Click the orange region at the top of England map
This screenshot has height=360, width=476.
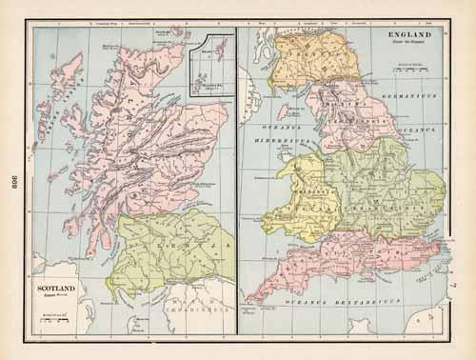click(x=305, y=62)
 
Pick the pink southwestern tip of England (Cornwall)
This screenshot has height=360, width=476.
click(x=262, y=290)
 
